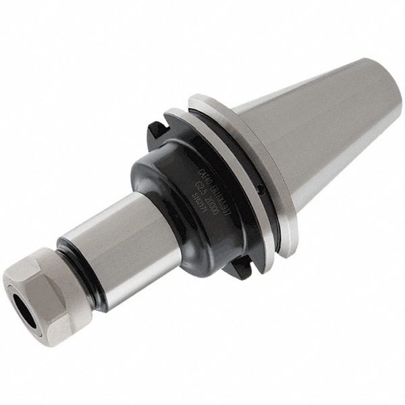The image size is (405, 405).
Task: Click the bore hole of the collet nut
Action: coord(28,304)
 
